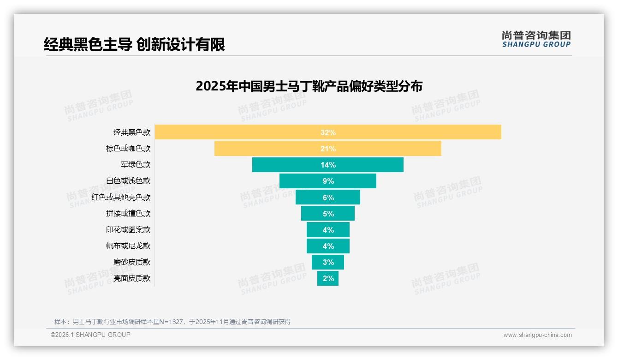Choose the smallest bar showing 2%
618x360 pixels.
point(328,278)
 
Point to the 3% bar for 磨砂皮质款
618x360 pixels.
point(328,262)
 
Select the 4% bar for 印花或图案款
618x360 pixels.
point(328,229)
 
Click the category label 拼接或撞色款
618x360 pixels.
point(128,214)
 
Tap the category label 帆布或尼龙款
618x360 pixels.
point(128,246)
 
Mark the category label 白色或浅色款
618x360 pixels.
point(128,181)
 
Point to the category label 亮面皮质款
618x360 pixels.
point(132,278)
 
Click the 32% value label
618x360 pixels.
point(328,132)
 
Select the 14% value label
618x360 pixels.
point(328,165)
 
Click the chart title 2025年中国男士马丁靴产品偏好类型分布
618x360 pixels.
point(309,86)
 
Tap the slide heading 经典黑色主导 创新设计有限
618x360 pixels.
point(134,45)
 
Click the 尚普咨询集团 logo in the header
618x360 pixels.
point(536,39)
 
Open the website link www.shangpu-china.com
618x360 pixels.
point(537,335)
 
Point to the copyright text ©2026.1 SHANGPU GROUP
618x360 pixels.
point(90,335)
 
